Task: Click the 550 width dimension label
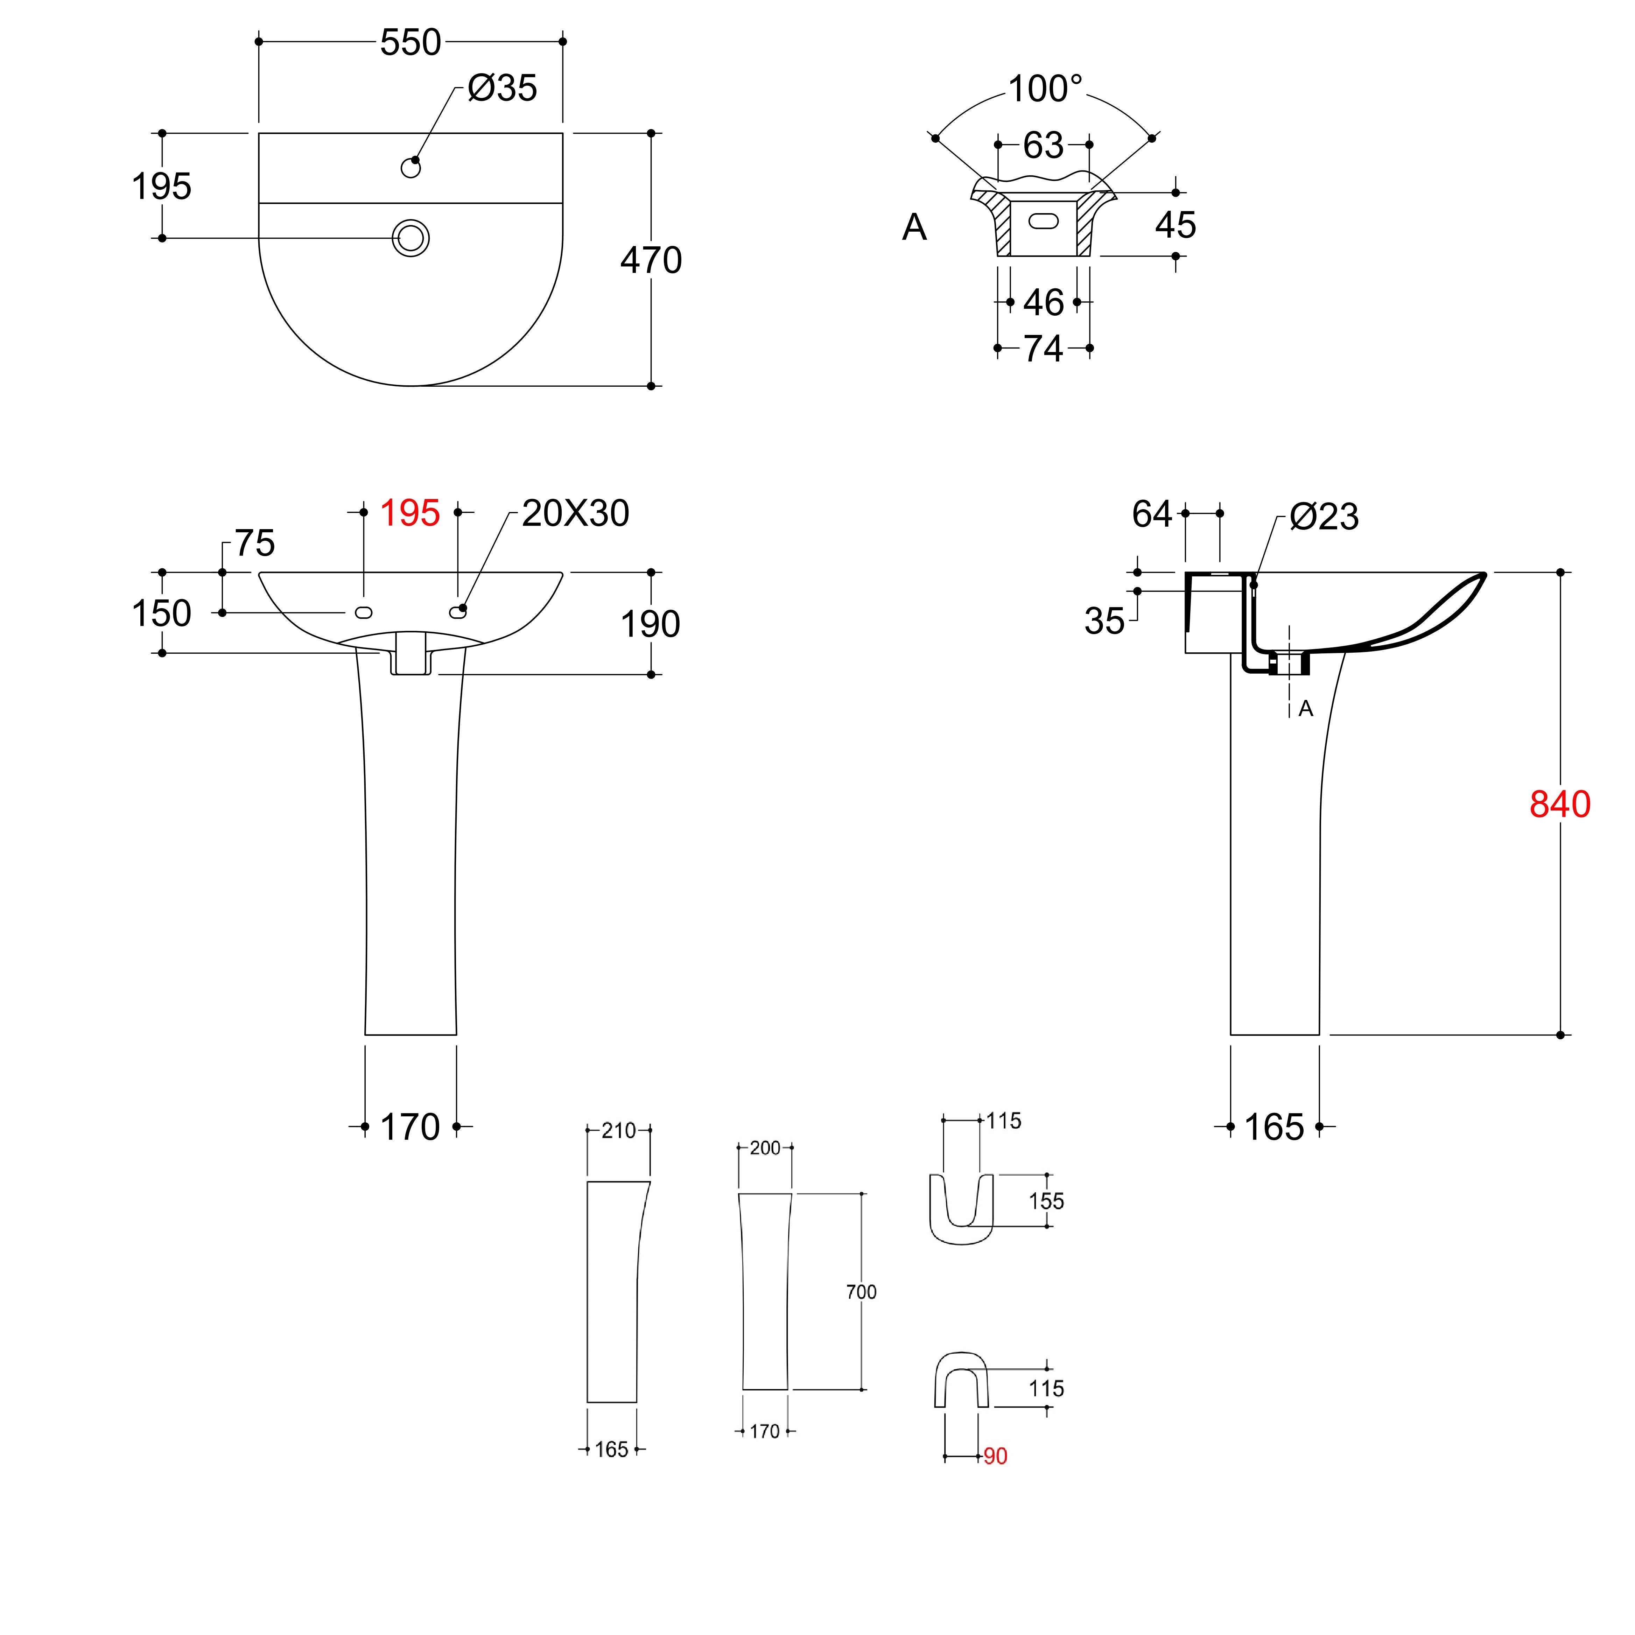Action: click(410, 42)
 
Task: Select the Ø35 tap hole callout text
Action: click(503, 88)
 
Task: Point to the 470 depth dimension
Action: click(651, 260)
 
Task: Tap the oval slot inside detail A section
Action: click(1044, 222)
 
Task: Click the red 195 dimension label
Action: click(409, 513)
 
